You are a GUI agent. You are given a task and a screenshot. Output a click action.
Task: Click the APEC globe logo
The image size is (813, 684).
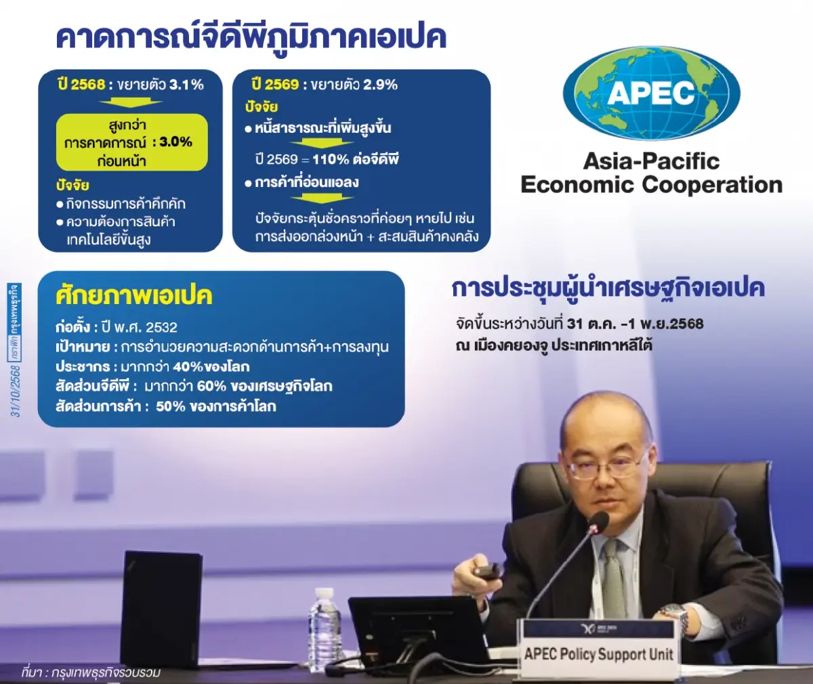(x=651, y=93)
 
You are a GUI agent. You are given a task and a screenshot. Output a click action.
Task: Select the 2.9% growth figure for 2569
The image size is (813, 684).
(x=380, y=85)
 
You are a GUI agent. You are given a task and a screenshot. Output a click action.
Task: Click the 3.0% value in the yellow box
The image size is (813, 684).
(x=176, y=142)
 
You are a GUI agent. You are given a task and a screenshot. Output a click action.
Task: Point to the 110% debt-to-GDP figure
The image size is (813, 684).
(x=331, y=159)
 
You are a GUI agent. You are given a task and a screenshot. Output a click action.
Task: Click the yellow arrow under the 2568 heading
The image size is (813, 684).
(x=130, y=103)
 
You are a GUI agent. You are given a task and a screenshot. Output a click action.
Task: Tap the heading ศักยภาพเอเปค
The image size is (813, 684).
(x=134, y=296)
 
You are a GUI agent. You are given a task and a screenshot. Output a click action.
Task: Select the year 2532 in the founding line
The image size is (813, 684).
(x=161, y=328)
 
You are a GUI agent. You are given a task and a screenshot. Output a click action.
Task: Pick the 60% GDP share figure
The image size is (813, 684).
(x=211, y=387)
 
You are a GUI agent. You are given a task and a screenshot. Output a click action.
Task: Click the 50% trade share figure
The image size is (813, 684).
(x=171, y=406)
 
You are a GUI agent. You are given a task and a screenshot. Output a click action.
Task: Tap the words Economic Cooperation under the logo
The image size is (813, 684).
(x=651, y=185)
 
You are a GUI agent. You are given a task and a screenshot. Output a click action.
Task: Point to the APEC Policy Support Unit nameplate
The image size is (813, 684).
(x=598, y=652)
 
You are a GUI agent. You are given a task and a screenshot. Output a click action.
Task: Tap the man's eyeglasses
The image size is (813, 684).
(x=605, y=467)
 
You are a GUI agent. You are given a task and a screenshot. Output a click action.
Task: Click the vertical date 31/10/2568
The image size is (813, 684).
(x=16, y=391)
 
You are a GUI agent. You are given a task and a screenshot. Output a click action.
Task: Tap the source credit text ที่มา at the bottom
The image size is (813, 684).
(x=32, y=672)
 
